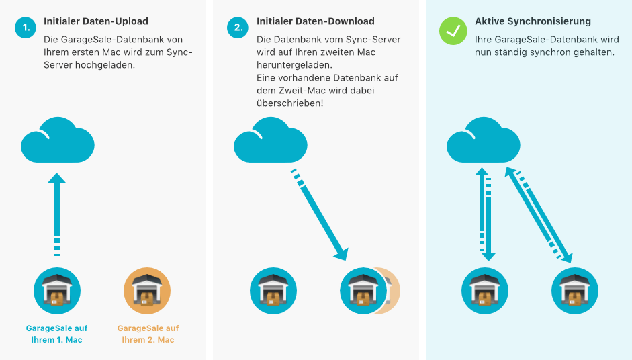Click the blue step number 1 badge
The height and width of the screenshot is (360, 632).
click(26, 28)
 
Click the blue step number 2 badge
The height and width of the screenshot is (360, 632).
click(238, 28)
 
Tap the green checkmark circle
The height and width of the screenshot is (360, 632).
click(453, 31)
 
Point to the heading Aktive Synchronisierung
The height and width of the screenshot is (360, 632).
click(523, 21)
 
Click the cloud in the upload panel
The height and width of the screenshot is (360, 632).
click(57, 140)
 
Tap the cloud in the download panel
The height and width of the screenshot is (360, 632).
click(270, 140)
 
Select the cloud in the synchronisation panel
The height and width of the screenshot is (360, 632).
click(483, 140)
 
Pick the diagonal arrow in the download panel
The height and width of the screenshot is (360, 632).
click(322, 218)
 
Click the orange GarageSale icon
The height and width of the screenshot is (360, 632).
click(147, 291)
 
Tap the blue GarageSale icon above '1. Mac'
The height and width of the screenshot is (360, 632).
click(57, 291)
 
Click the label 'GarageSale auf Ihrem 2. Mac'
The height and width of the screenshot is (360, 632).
click(148, 334)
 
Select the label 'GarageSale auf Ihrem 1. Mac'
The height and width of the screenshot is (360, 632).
click(57, 334)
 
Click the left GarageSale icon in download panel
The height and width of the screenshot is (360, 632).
click(273, 291)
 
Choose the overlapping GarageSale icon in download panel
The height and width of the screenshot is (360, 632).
click(365, 291)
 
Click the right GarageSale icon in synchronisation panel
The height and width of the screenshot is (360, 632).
click(575, 291)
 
